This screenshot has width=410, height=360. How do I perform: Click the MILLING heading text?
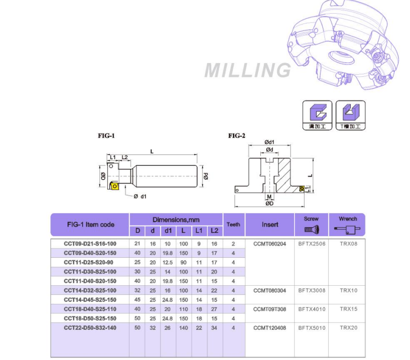(x=248, y=70)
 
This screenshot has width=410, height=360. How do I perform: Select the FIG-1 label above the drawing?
(x=107, y=136)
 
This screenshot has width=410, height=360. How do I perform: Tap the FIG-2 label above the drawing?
(x=237, y=136)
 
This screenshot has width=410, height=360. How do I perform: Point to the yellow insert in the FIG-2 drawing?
(x=302, y=188)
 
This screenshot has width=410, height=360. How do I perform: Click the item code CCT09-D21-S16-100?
(x=90, y=244)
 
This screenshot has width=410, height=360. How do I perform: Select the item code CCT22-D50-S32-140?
(x=90, y=328)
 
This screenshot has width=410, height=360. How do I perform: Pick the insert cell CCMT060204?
(x=270, y=244)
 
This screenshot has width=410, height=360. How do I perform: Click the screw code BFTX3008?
(x=312, y=291)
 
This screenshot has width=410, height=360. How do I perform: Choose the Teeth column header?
(x=233, y=225)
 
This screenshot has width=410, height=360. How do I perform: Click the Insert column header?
(x=270, y=225)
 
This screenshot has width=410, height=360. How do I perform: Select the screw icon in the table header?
(x=311, y=229)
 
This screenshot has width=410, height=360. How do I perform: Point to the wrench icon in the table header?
(x=347, y=229)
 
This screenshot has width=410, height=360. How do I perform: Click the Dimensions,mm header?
(x=176, y=220)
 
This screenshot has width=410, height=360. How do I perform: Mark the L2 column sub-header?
(x=214, y=230)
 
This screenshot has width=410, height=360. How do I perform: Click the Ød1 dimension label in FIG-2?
(x=269, y=142)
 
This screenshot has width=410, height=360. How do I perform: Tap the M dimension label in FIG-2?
(x=269, y=197)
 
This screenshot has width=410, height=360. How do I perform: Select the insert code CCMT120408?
(x=270, y=328)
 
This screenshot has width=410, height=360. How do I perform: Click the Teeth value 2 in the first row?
(x=233, y=244)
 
